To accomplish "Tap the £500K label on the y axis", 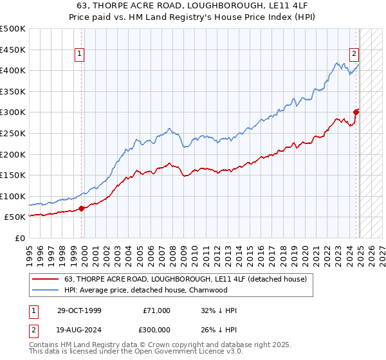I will pyautogui.click(x=14, y=29).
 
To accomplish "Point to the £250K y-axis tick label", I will pyautogui.click(x=14, y=133).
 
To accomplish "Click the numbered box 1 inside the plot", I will pyautogui.click(x=79, y=55).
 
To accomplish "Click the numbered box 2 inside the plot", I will pyautogui.click(x=354, y=55).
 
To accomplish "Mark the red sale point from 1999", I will pyautogui.click(x=82, y=208).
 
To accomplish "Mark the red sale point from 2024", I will pyautogui.click(x=356, y=113).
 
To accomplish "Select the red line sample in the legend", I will pyautogui.click(x=46, y=279).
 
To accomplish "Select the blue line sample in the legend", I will pyautogui.click(x=46, y=290).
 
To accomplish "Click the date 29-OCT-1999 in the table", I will pyautogui.click(x=79, y=310).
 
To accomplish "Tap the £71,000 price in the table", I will pyautogui.click(x=157, y=310).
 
